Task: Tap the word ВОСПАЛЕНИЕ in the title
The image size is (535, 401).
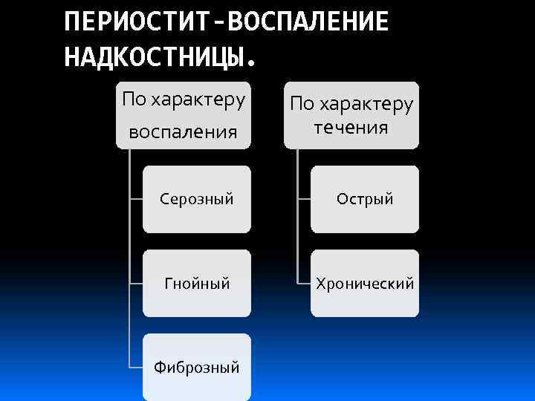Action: pos(308,22)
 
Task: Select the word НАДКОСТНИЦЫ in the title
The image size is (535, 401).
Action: pos(153,56)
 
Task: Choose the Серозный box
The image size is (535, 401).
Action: pos(197,199)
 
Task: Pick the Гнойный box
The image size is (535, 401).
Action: pos(197,283)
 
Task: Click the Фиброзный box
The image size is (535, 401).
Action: pos(197,367)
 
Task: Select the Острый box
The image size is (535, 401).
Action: pos(365,199)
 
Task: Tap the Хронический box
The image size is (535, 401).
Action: pos(365,283)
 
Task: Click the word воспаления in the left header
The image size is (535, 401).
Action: pos(183,132)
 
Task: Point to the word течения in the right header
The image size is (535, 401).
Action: pos(351,127)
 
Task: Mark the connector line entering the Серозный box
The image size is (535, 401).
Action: pos(136,199)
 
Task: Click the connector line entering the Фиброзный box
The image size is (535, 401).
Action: pos(136,367)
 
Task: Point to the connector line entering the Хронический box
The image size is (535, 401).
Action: pos(304,283)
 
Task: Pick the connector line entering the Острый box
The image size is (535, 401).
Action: pos(304,199)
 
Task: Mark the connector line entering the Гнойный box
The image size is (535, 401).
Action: pos(136,283)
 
